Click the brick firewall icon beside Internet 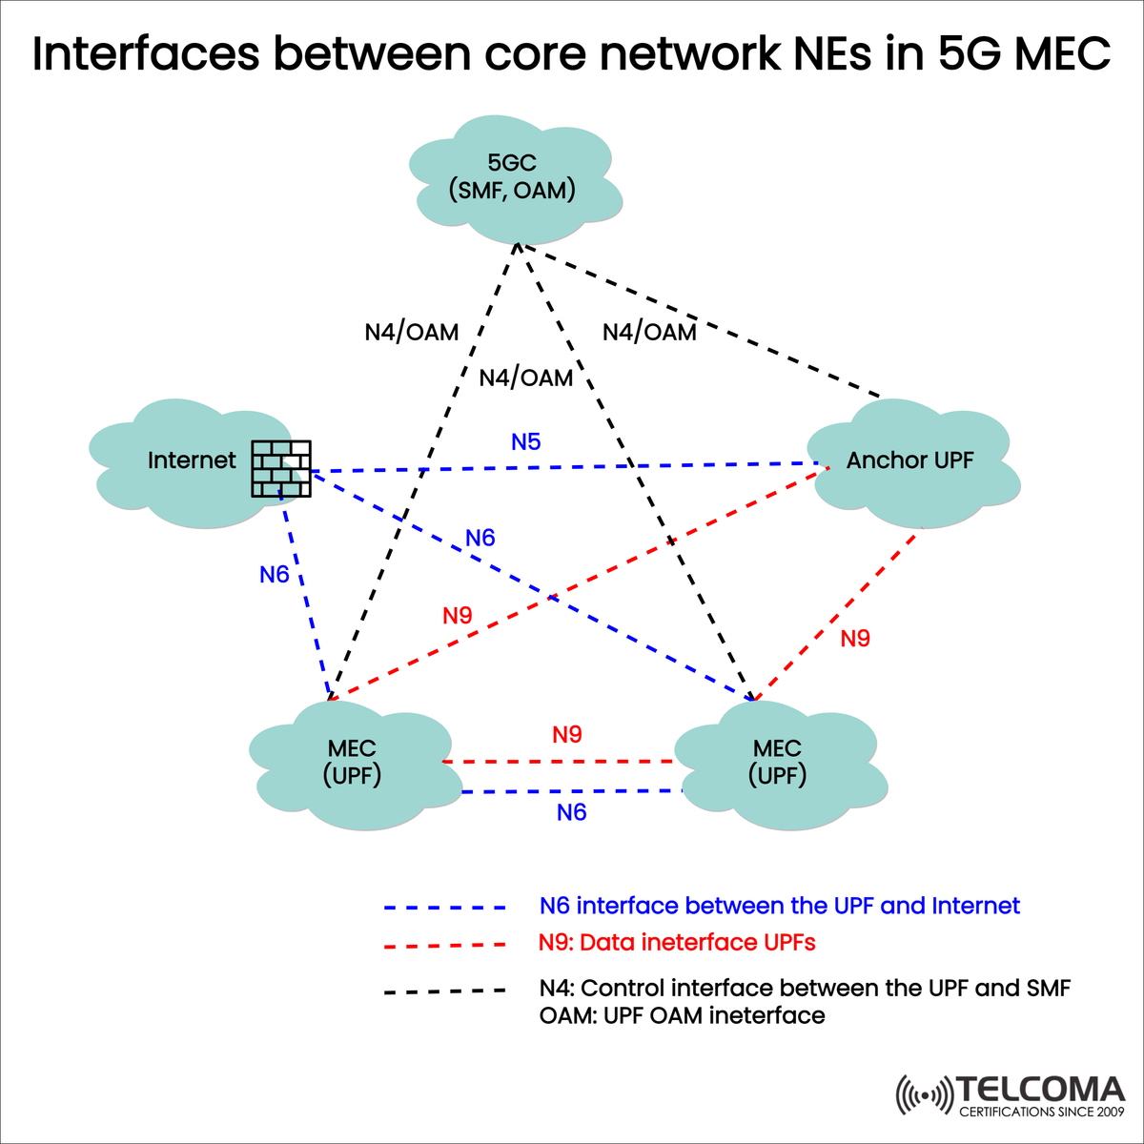tap(281, 469)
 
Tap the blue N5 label tap(525, 441)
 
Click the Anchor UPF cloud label tap(909, 460)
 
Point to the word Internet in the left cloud tap(192, 460)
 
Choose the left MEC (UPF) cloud tap(352, 763)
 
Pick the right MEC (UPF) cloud tap(777, 763)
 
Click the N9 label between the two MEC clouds tap(567, 735)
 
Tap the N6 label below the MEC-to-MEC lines tap(571, 812)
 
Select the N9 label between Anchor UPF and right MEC tap(855, 639)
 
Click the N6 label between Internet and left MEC tap(275, 575)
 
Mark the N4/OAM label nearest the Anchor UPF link tap(649, 332)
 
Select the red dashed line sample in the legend tap(444, 946)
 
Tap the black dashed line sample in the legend tap(444, 991)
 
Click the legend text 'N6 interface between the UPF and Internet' tap(779, 906)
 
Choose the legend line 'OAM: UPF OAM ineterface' tap(682, 1015)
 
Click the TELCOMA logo tap(1011, 1095)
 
